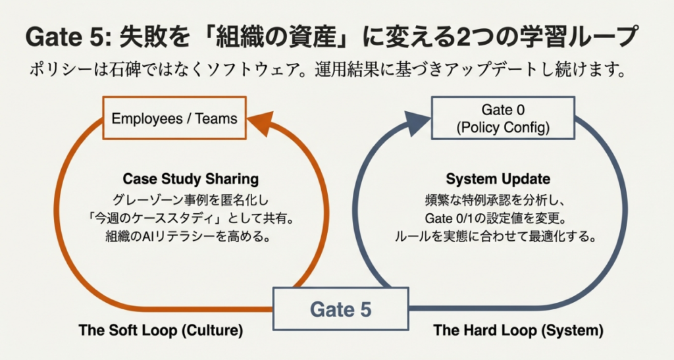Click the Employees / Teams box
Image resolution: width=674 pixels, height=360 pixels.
[174, 118]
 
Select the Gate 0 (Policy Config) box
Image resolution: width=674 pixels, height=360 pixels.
[502, 118]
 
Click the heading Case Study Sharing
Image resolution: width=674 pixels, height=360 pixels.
[191, 179]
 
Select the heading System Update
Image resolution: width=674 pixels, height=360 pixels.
[498, 179]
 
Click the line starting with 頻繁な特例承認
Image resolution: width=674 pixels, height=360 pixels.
[498, 199]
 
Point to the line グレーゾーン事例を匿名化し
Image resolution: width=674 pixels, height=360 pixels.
[190, 199]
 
